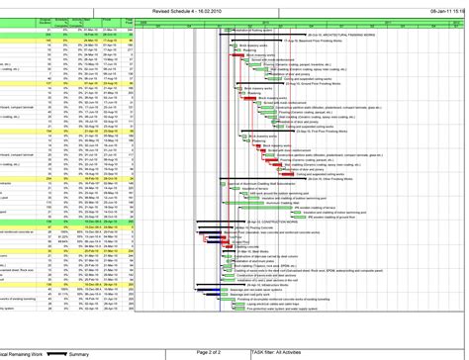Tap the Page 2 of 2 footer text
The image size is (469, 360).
pos(210,353)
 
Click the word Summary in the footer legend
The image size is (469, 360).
pos(80,353)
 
